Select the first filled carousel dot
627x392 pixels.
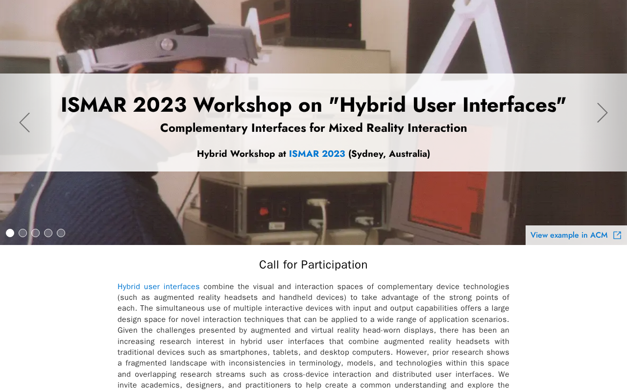10,233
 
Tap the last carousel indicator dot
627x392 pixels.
61,233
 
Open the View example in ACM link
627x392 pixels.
569,235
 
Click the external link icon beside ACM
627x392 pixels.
617,235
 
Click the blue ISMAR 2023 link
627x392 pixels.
317,154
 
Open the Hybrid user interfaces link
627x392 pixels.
158,287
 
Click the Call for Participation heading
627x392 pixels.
313,265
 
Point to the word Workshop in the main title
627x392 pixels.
242,105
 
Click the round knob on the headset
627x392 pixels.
167,44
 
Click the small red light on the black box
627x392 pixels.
350,25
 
